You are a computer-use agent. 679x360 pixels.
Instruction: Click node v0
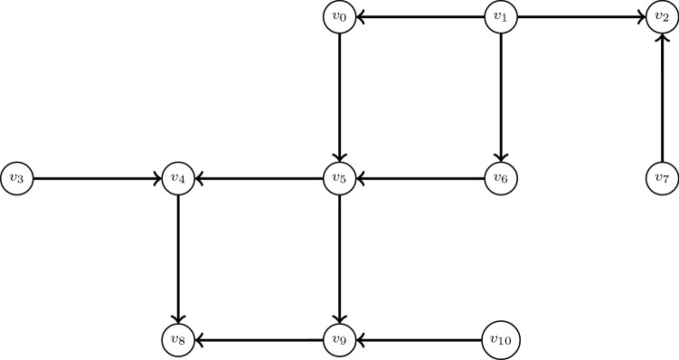tap(339, 15)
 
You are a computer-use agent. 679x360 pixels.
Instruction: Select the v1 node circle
tap(501, 15)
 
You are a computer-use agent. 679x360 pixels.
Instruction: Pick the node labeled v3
tap(16, 178)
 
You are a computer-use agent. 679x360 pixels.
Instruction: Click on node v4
tap(178, 178)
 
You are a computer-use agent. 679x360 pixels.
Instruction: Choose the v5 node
tap(339, 178)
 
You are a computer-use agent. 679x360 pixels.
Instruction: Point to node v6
tap(501, 178)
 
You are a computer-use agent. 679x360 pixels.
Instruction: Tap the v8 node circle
tap(178, 340)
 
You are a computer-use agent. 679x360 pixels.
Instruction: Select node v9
tap(339, 340)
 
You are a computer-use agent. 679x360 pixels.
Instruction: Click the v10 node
tap(501, 340)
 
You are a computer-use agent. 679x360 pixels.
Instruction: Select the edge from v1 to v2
tap(581, 15)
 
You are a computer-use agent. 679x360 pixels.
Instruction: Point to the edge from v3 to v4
tap(97, 178)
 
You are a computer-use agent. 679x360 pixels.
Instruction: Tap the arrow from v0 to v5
tap(339, 97)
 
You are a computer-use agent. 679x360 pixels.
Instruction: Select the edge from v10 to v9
tap(419, 340)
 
